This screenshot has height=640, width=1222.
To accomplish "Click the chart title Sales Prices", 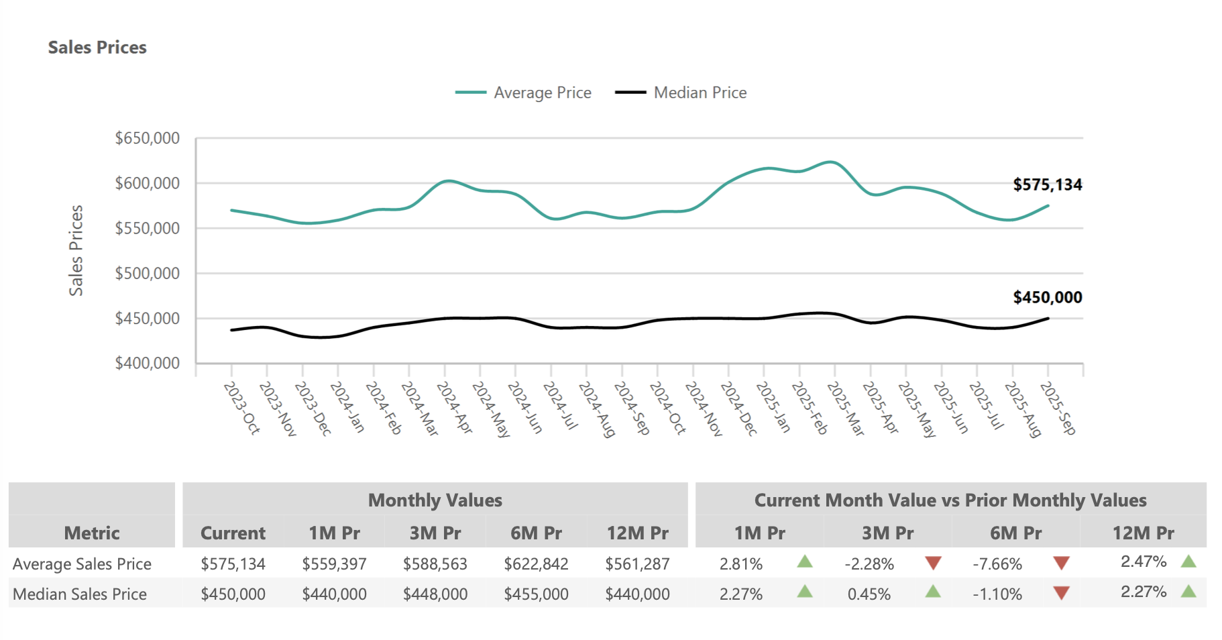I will pos(97,48).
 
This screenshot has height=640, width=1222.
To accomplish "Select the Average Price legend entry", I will pos(524,93).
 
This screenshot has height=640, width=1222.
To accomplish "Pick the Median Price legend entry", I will pos(681,93).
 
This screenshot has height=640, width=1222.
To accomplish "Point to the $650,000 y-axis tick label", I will pos(148,138).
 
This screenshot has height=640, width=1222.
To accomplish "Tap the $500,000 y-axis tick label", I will pos(148,274).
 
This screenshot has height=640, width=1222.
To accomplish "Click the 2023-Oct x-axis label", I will pos(241,408).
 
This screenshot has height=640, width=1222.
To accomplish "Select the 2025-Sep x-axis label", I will pos(1058,408).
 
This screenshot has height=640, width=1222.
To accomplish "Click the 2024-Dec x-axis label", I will pos(738,408).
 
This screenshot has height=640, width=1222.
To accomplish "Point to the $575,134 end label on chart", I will pos(1047,185).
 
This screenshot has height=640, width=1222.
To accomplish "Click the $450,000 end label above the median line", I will pos(1047,297).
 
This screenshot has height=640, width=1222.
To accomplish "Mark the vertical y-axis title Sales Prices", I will pos(76,250).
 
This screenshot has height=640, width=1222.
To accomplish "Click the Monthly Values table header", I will pos(435,500).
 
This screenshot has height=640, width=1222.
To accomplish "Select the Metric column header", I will pos(92,533).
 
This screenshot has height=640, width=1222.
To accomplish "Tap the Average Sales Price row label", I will pos(82,564).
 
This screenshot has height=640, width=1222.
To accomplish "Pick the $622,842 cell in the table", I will pos(536,564).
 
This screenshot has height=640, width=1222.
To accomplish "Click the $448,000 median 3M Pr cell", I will pos(435,594).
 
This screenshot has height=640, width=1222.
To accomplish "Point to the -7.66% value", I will pos(997,564).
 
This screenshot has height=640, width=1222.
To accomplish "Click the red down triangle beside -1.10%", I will pos(1061,593).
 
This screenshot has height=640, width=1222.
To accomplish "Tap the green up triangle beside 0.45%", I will pos(933,592).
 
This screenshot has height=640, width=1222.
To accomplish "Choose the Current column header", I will pos(233,533).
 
